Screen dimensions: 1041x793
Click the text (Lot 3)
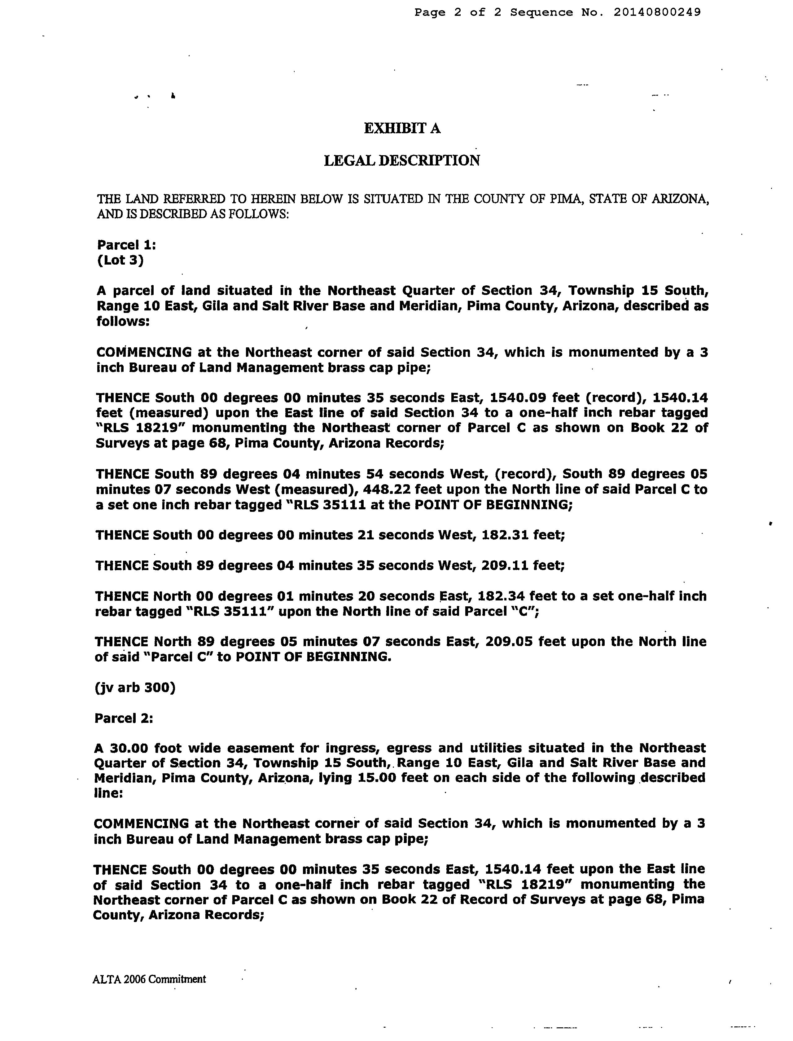point(120,260)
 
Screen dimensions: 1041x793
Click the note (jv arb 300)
point(135,687)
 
